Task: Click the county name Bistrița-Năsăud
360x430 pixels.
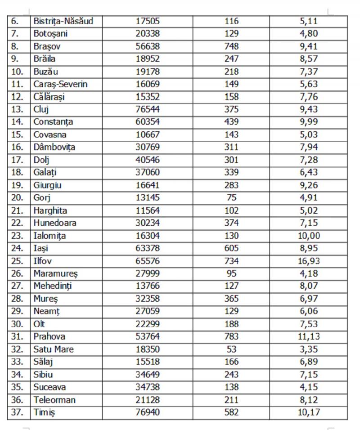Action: pos(63,21)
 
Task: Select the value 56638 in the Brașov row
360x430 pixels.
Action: pos(148,46)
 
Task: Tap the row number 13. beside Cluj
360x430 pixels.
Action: pos(17,109)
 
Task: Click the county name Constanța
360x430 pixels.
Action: pos(53,122)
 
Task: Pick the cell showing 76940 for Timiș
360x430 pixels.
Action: pos(148,412)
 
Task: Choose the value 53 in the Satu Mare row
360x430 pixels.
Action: pos(231,349)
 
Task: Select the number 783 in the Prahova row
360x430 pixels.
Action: pos(231,336)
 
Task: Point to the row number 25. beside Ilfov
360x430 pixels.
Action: pos(17,261)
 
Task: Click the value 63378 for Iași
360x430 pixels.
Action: pos(148,248)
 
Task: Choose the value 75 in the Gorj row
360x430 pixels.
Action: pos(231,198)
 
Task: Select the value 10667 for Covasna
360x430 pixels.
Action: pos(148,134)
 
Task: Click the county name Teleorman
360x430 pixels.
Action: pos(54,400)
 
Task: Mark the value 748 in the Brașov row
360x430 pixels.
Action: pos(231,46)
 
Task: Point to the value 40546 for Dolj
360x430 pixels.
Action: pos(148,160)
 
